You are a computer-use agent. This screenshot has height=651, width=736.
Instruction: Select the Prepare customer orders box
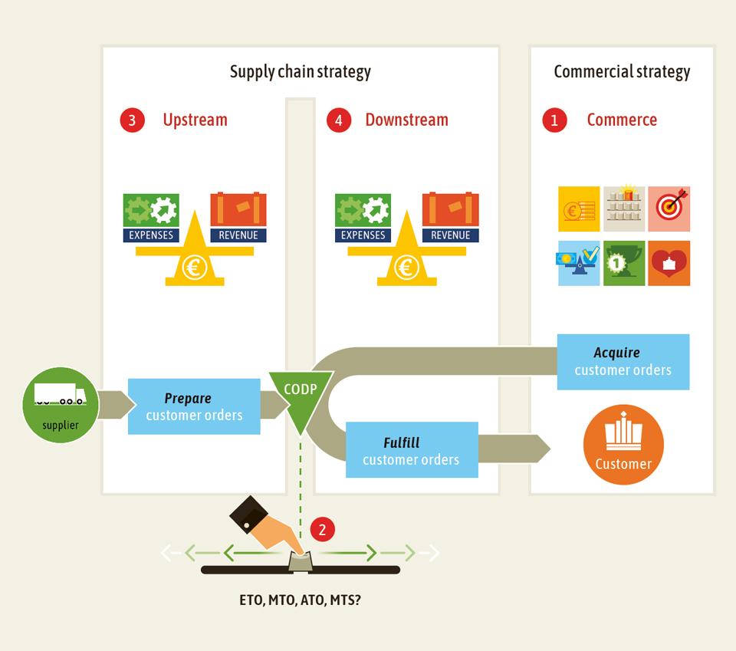[x=194, y=406]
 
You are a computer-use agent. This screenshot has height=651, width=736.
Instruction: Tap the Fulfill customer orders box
[x=412, y=450]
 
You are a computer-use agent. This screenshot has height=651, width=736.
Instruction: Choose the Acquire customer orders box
[x=623, y=361]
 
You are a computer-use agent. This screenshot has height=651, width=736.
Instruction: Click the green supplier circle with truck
[x=61, y=405]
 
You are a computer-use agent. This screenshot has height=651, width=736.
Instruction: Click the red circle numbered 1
[x=554, y=120]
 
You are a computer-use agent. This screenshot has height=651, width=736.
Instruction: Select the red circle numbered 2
[x=323, y=529]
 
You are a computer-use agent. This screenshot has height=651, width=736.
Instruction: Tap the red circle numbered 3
[x=132, y=120]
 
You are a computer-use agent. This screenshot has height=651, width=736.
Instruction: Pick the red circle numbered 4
[x=338, y=120]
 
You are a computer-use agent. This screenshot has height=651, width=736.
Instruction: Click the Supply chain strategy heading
[x=300, y=72]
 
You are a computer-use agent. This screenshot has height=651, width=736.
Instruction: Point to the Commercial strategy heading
[x=622, y=72]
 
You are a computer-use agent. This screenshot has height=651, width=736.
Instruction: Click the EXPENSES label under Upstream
[x=151, y=235]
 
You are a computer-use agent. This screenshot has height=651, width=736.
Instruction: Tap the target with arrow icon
[x=669, y=209]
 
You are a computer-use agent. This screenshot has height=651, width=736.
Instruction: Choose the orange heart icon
[x=669, y=263]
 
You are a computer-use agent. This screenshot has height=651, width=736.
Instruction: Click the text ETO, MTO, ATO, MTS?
[x=300, y=600]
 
